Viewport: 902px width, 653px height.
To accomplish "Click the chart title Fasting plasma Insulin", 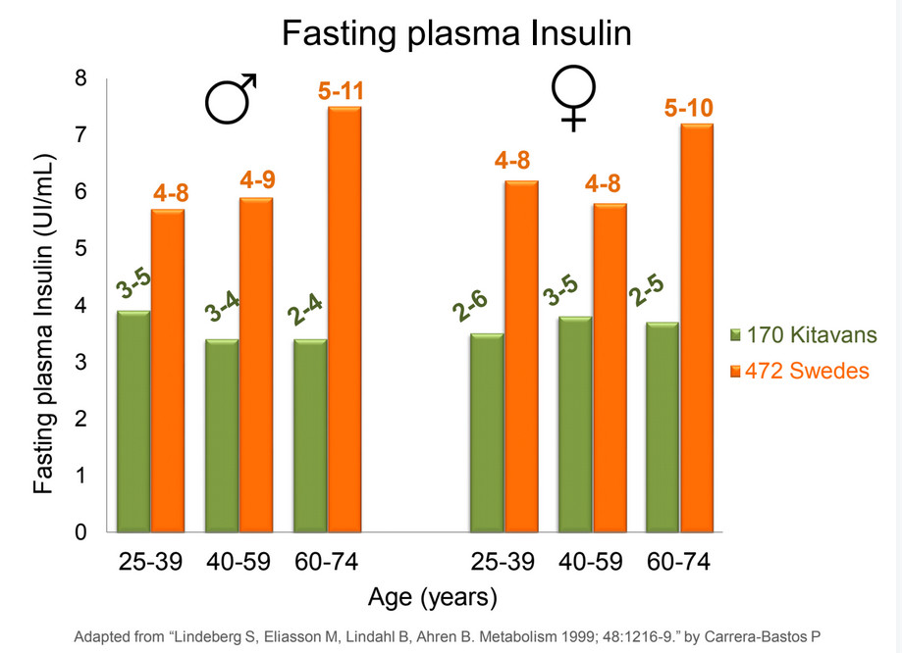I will tap(456, 33).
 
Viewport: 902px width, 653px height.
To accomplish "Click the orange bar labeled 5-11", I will tap(344, 319).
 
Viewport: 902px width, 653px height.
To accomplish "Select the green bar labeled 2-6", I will tap(487, 432).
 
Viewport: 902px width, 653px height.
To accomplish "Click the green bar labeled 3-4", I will tap(223, 435).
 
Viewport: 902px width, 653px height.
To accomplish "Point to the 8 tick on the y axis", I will tap(81, 78).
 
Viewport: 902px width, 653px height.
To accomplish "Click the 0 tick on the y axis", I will tap(81, 532).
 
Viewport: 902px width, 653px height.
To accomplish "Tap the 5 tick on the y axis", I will tap(81, 249).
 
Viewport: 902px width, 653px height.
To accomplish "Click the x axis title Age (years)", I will tap(432, 596).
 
